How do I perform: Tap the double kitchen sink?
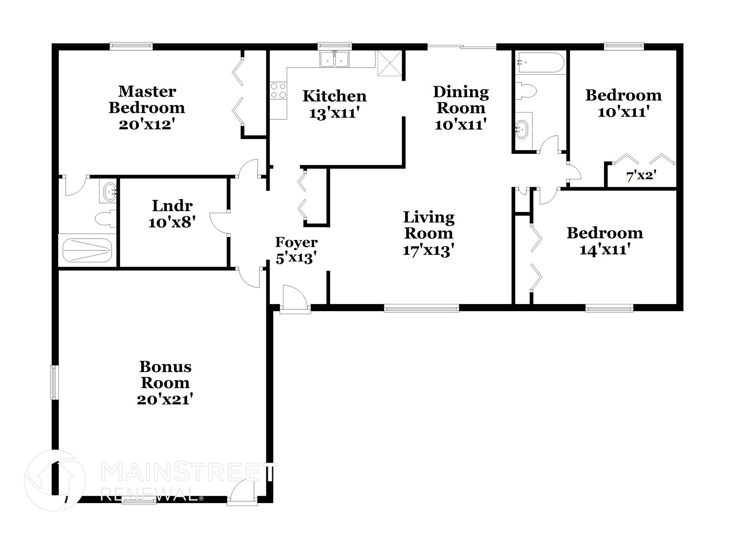click(x=334, y=59)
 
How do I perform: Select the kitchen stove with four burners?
click(x=278, y=91)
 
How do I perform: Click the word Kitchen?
click(x=334, y=96)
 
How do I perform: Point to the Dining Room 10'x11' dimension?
click(x=460, y=124)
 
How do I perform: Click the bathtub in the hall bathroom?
click(x=539, y=63)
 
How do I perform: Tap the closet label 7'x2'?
click(x=641, y=176)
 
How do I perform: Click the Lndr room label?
click(x=172, y=206)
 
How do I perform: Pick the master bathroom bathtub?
click(x=87, y=250)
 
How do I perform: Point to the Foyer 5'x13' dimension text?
click(x=296, y=258)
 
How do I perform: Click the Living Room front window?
click(x=421, y=308)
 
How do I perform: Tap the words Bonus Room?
click(x=165, y=375)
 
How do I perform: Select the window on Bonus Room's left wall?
click(x=54, y=382)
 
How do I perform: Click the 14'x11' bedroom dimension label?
click(x=605, y=250)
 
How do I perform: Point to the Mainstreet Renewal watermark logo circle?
click(x=55, y=480)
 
